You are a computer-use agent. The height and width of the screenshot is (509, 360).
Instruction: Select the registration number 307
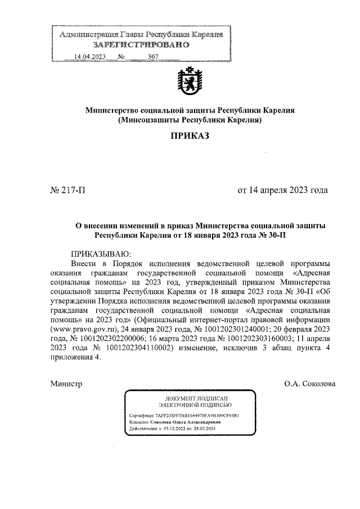153,57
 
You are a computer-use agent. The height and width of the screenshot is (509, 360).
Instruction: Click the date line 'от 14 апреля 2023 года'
282,190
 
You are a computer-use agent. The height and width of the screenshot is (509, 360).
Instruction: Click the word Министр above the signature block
66,384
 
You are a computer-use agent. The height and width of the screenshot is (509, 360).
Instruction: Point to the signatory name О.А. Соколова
310,384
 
